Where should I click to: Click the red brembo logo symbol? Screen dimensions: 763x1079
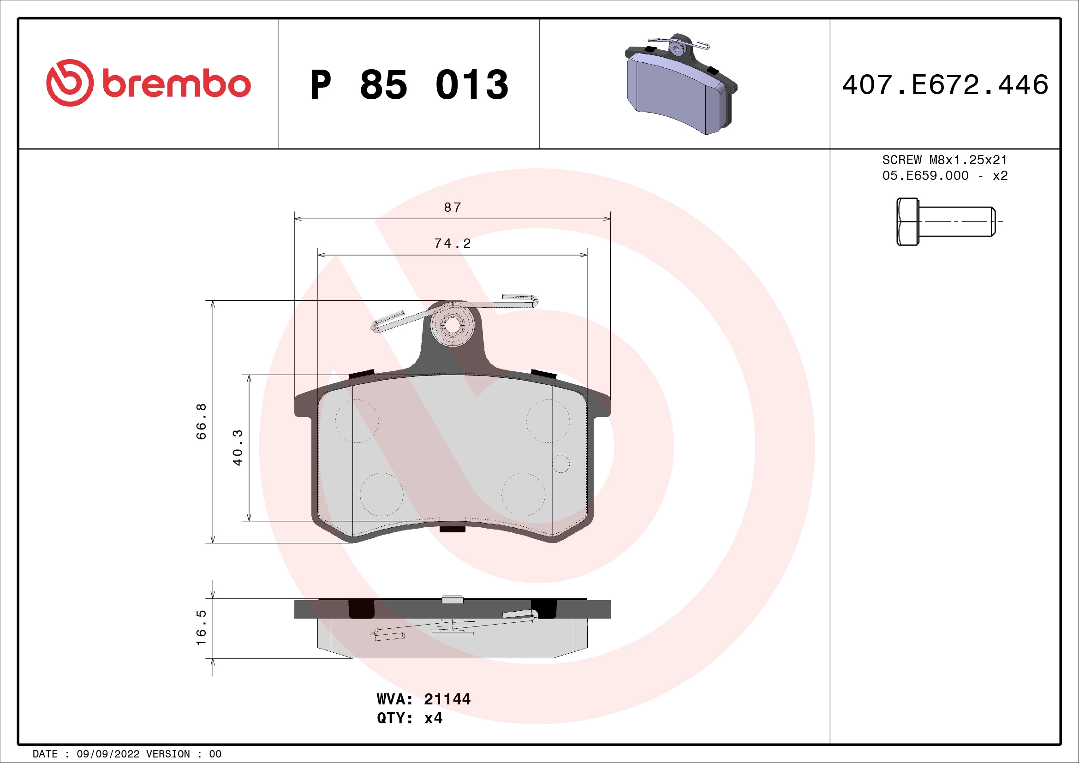tap(70, 83)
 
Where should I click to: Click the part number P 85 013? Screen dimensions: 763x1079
tap(409, 85)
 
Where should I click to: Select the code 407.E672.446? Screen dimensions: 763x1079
tap(945, 85)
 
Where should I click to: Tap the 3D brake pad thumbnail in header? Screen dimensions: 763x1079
tap(680, 84)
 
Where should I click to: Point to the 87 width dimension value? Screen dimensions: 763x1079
tap(453, 207)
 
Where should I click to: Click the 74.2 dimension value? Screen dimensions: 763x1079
tap(452, 244)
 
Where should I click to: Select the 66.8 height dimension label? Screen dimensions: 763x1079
tap(201, 421)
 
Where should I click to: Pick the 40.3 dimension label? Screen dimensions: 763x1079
tap(238, 447)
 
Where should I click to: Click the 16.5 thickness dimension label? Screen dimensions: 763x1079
tap(201, 628)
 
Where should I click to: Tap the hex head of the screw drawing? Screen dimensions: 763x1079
tap(907, 221)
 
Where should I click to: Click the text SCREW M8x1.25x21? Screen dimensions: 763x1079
tap(945, 160)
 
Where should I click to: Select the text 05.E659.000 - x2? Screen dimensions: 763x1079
tap(945, 176)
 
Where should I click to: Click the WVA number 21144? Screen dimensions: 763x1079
tap(447, 699)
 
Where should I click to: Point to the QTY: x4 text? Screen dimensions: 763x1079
tap(409, 718)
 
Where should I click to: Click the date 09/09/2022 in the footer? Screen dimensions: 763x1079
tap(107, 754)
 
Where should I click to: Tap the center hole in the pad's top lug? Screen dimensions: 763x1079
tap(452, 325)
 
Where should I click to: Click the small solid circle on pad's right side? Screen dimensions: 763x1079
tap(560, 464)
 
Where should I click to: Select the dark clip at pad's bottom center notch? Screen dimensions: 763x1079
tap(452, 529)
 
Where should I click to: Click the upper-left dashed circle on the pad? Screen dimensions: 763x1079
tap(357, 421)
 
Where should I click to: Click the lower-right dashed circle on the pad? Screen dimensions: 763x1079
tap(523, 494)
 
